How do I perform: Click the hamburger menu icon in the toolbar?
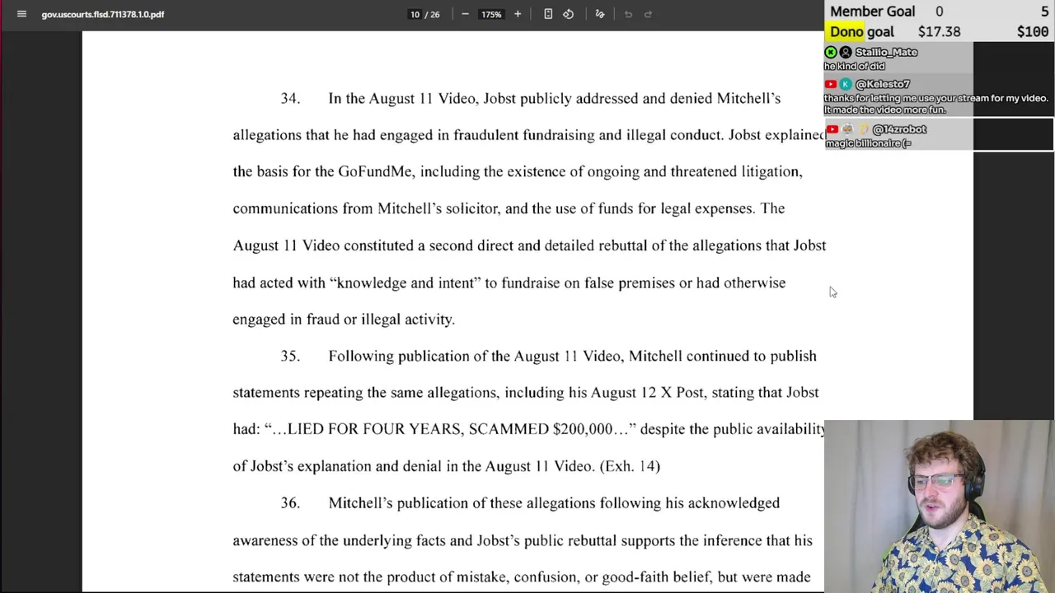pyautogui.click(x=21, y=14)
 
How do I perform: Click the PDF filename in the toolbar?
pyautogui.click(x=103, y=14)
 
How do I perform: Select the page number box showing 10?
pyautogui.click(x=415, y=14)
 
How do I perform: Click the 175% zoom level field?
pyautogui.click(x=491, y=14)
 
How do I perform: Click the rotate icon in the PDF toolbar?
pyautogui.click(x=568, y=14)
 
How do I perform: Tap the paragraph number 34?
pyautogui.click(x=290, y=99)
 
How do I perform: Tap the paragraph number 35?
pyautogui.click(x=290, y=357)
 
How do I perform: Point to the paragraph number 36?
pyautogui.click(x=290, y=503)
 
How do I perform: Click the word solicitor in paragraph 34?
pyautogui.click(x=471, y=208)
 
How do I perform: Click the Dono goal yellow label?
pyautogui.click(x=861, y=32)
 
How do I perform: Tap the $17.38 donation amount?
pyautogui.click(x=939, y=32)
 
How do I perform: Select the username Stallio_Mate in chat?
pyautogui.click(x=886, y=52)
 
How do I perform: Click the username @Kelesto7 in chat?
pyautogui.click(x=882, y=84)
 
